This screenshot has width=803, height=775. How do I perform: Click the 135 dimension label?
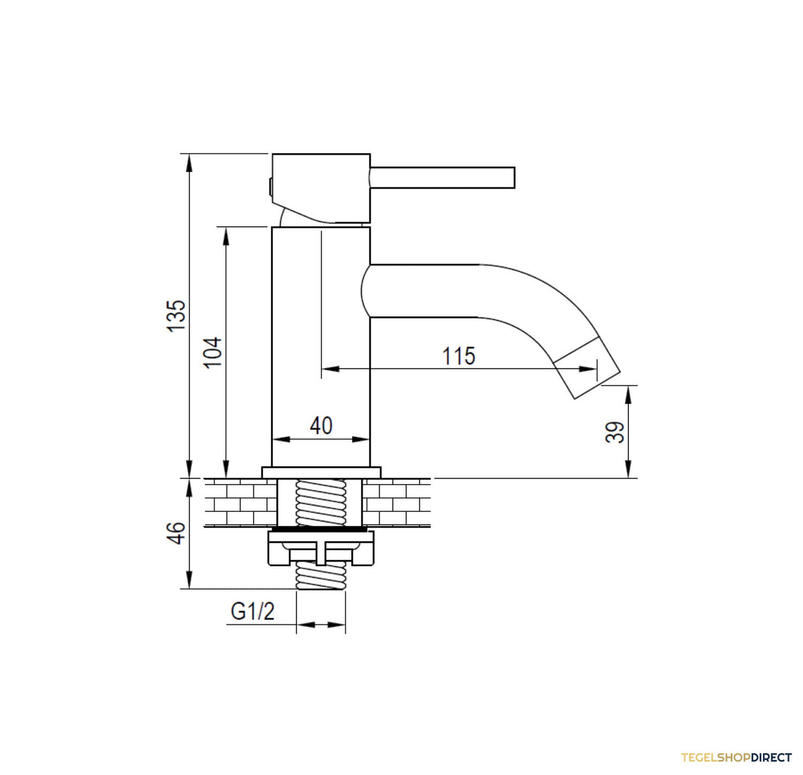[176, 315]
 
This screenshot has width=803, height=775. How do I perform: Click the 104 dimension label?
[213, 353]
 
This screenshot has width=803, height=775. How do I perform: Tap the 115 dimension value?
[458, 356]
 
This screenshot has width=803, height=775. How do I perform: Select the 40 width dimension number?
[321, 426]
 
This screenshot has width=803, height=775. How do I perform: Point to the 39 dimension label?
[614, 432]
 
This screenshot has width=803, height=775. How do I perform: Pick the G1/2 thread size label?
[252, 611]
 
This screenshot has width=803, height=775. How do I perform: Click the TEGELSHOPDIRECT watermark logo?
[736, 758]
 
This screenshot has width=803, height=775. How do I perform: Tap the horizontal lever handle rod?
[442, 177]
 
